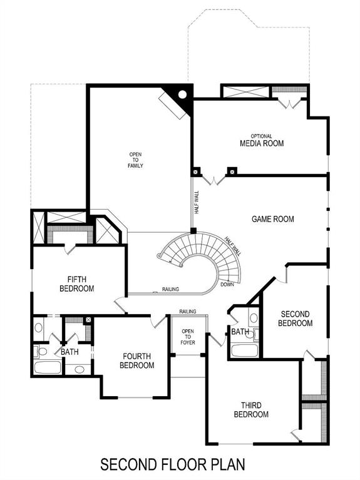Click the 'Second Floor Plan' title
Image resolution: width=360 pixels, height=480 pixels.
pyautogui.click(x=173, y=464)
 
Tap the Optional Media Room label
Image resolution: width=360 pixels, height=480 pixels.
pyautogui.click(x=262, y=141)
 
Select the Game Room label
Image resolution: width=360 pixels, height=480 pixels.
pyautogui.click(x=272, y=219)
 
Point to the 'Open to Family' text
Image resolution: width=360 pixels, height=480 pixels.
pyautogui.click(x=136, y=160)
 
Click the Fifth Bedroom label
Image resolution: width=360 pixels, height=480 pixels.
pyautogui.click(x=76, y=284)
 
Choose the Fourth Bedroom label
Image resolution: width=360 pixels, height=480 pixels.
pyautogui.click(x=136, y=360)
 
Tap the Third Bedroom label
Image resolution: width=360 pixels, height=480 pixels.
pyautogui.click(x=251, y=410)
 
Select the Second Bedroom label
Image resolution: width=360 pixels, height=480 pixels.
pyautogui.click(x=296, y=319)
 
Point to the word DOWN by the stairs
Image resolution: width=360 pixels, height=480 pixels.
pyautogui.click(x=228, y=284)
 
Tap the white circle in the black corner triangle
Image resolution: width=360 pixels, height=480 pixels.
pyautogui.click(x=182, y=95)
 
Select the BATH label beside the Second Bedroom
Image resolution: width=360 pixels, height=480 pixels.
pyautogui.click(x=240, y=332)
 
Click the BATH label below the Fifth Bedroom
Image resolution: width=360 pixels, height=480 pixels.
pyautogui.click(x=69, y=352)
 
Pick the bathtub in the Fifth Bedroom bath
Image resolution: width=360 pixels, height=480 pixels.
pyautogui.click(x=48, y=367)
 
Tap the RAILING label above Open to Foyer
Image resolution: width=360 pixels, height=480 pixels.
pyautogui.click(x=188, y=311)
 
